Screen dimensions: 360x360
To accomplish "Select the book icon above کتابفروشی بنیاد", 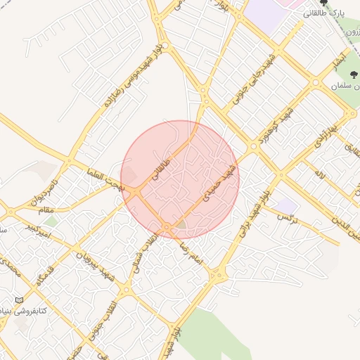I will click(x=19, y=300).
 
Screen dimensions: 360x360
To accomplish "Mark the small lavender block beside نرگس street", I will click(x=285, y=206).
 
